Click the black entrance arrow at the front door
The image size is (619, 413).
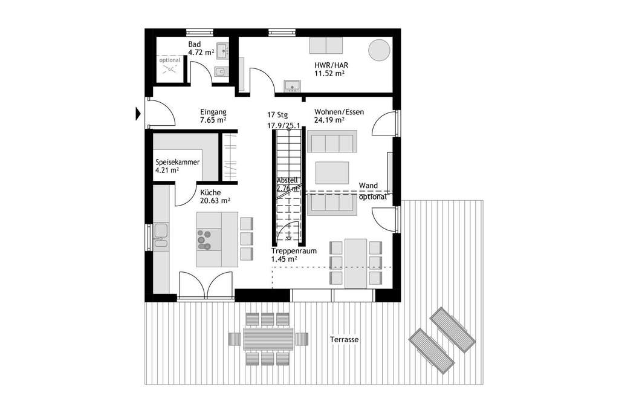pos(138,112)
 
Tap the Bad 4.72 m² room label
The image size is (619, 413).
pos(201,48)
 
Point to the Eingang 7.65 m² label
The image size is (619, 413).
pos(213,116)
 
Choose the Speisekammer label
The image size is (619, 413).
pos(177,166)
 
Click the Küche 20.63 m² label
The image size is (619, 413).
pos(215,197)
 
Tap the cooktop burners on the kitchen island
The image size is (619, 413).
pos(204,239)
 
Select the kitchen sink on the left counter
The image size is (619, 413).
pos(161,231)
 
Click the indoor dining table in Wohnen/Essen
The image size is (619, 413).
pos(356,262)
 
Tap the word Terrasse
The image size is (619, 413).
pos(344,340)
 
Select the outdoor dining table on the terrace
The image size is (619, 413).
pos(268,339)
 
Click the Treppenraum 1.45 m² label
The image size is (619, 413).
pos(293,255)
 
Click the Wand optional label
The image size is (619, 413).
pos(372,190)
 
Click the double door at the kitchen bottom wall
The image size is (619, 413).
pos(206,285)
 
